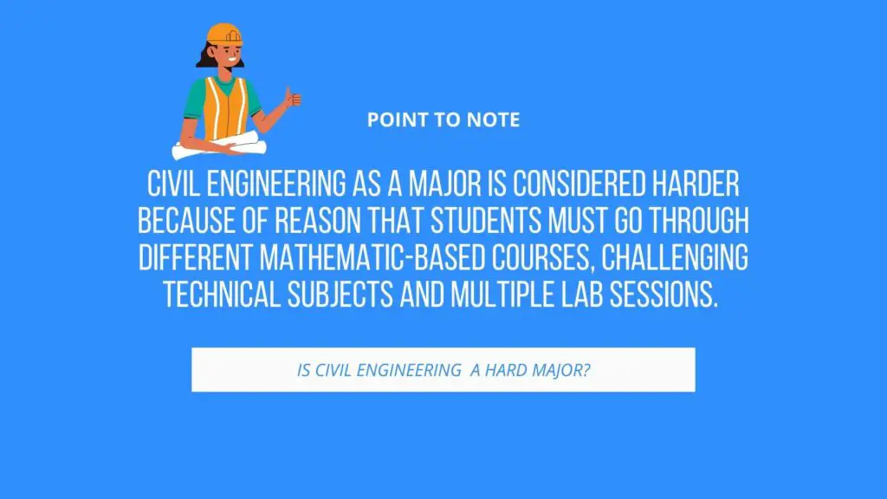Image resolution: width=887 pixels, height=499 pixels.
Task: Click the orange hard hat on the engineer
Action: click(224, 34)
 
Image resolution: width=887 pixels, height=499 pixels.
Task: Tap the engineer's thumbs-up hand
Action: click(293, 98)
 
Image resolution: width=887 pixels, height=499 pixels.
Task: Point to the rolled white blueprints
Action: click(219, 146)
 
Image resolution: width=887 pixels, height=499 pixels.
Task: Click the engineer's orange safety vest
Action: click(225, 108)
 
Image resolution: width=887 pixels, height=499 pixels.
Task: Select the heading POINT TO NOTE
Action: click(443, 120)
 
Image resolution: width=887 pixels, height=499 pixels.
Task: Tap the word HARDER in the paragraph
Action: click(696, 184)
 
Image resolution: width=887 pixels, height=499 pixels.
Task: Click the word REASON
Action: click(318, 221)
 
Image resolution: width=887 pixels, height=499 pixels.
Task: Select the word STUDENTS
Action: click(486, 221)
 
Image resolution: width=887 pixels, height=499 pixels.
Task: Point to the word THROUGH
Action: click(699, 221)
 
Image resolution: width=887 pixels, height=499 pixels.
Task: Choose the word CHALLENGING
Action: click(675, 258)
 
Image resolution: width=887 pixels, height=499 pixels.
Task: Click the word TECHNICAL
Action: click(222, 295)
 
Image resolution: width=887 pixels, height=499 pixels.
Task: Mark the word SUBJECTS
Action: click(340, 295)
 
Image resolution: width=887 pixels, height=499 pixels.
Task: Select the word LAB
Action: click(582, 295)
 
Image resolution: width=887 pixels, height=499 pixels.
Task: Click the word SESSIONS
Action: click(664, 295)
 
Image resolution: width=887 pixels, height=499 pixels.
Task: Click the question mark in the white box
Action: click(586, 370)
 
